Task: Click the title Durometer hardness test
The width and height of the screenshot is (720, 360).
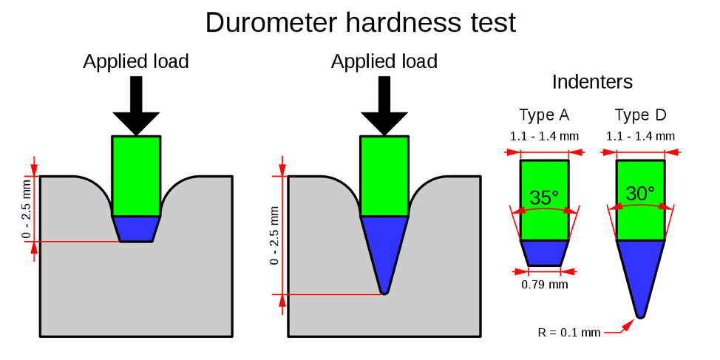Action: tap(361, 22)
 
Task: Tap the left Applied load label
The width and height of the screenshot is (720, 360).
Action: tap(136, 61)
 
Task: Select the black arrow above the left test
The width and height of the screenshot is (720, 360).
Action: tap(136, 106)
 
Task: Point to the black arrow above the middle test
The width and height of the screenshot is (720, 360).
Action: tap(384, 106)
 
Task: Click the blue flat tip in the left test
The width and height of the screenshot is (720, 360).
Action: tap(136, 228)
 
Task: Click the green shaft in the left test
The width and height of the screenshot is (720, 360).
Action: tap(136, 176)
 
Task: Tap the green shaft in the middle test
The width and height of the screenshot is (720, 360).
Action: tap(384, 176)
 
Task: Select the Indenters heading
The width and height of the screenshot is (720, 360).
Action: tap(592, 82)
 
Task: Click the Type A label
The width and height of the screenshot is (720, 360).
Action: tap(544, 115)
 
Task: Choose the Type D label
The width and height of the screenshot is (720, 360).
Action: tap(640, 115)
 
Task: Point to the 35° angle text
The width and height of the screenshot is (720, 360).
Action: tap(544, 197)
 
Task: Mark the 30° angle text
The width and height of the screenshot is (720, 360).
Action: tap(640, 194)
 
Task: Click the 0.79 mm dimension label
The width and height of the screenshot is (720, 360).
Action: tap(545, 285)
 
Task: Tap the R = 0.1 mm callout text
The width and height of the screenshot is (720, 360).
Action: tap(569, 333)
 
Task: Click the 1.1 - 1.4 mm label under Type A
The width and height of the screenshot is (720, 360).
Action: tap(544, 136)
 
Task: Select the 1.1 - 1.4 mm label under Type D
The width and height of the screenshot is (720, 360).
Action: tap(640, 136)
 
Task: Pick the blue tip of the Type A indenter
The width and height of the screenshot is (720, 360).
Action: tap(544, 253)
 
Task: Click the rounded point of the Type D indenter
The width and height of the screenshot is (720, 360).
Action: tap(641, 315)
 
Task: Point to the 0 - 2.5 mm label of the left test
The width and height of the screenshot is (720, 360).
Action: tap(27, 209)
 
